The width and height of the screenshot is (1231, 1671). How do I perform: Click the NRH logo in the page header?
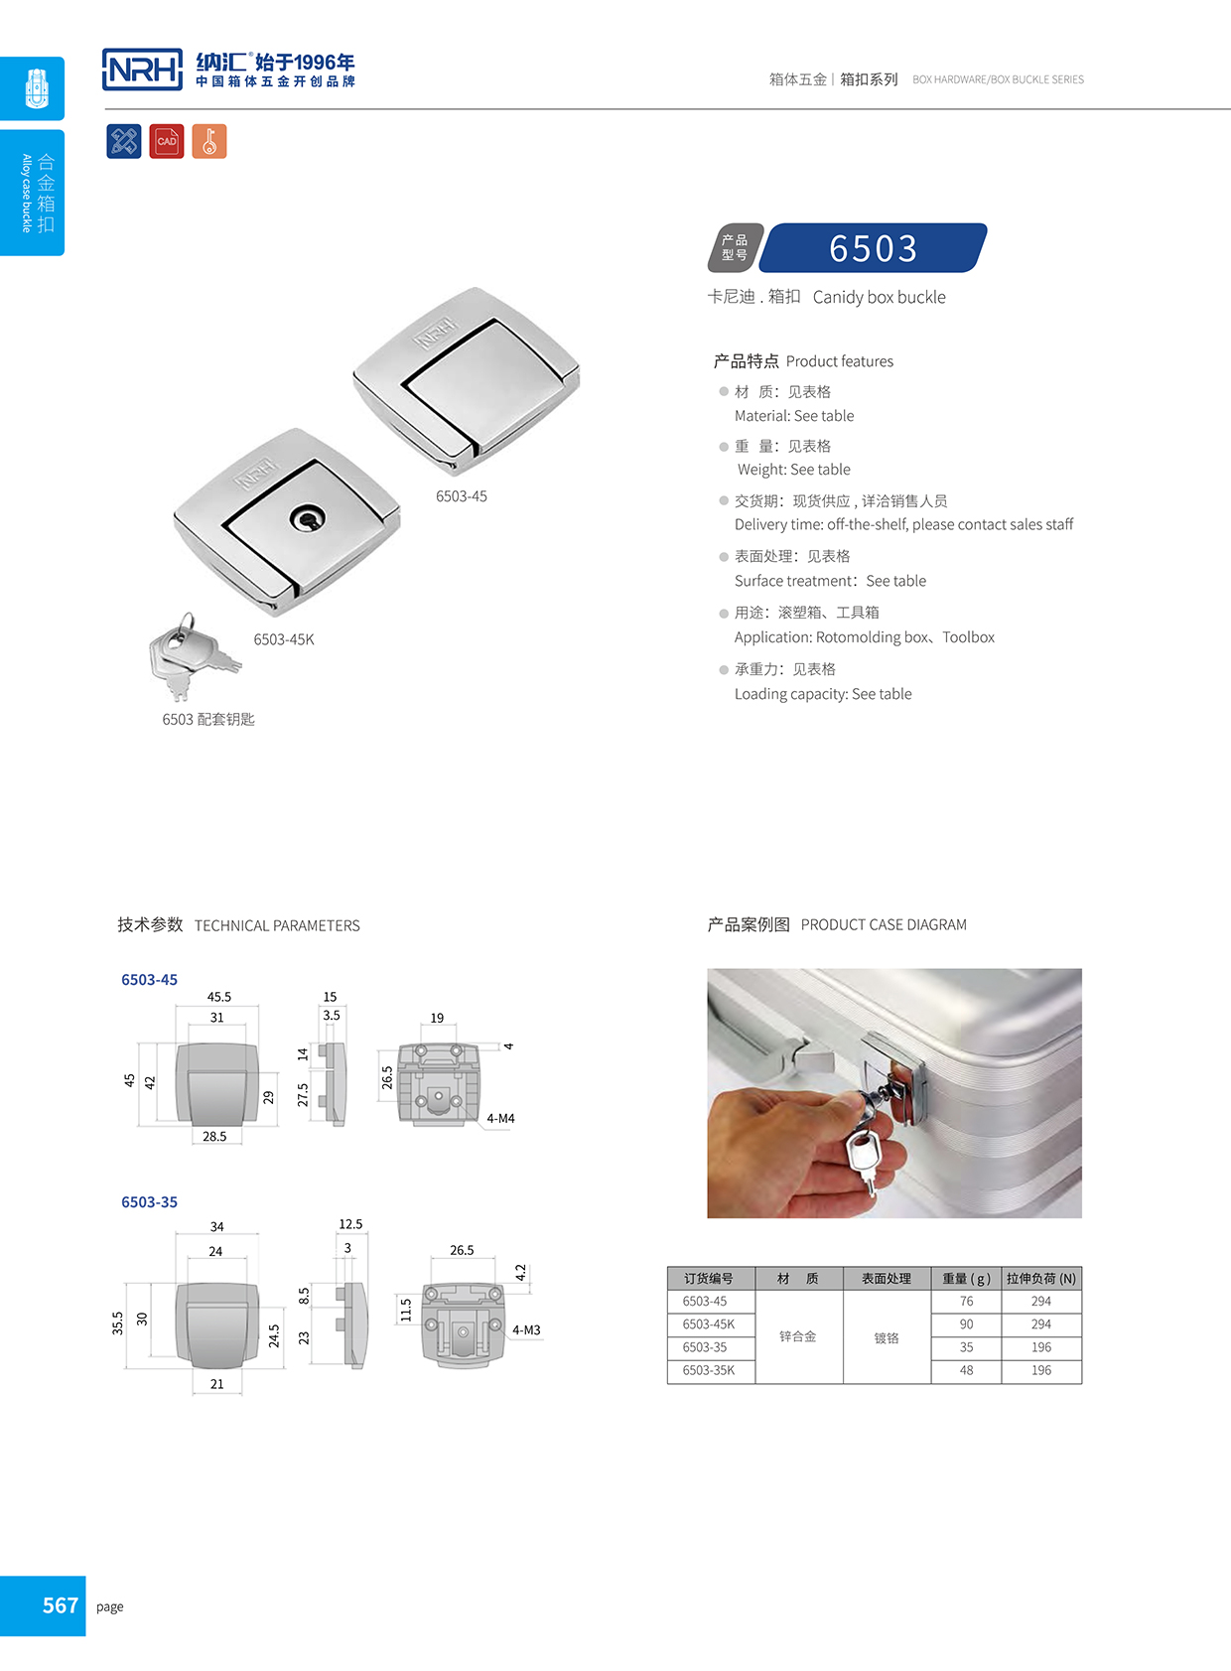tap(143, 70)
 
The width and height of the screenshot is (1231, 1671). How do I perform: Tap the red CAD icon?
tap(167, 141)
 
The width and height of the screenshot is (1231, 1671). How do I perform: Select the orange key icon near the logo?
tap(208, 141)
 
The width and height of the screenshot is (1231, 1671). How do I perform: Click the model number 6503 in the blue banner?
tap(873, 248)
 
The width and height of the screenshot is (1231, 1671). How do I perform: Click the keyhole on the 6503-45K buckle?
tap(307, 517)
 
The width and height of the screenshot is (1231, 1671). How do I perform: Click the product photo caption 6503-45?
tap(462, 496)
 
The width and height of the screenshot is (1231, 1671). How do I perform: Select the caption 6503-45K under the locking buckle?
tap(284, 639)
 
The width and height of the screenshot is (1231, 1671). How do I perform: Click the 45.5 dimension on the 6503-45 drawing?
tap(218, 997)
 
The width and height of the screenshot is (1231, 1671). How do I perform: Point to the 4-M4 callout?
tap(500, 1118)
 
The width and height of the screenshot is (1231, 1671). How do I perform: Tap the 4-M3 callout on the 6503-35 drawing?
tap(526, 1329)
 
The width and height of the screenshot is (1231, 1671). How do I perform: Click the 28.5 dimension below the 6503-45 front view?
tap(214, 1136)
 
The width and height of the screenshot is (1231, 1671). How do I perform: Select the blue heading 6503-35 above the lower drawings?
tap(149, 1201)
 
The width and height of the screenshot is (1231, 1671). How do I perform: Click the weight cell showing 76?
tap(966, 1301)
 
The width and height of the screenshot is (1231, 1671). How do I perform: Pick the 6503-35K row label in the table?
tap(709, 1370)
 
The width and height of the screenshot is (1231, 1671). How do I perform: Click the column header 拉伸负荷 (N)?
tap(1040, 1278)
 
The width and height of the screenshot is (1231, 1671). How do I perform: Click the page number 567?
tap(60, 1605)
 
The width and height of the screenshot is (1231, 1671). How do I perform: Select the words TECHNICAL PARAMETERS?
tap(277, 925)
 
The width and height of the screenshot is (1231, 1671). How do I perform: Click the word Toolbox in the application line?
tap(968, 637)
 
